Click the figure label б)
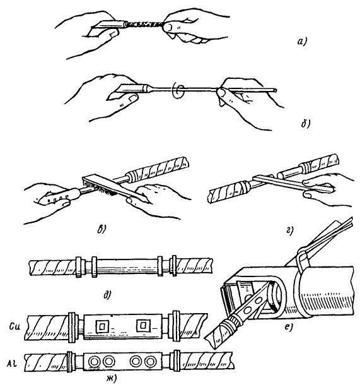point(305,124)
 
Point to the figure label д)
point(107,295)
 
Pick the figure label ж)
point(111,379)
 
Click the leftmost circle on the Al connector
point(95,362)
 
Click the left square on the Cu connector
point(102,326)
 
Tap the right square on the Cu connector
point(143,325)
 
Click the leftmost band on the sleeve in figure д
point(79,266)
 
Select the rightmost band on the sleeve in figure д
point(174,266)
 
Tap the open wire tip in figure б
point(275,90)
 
